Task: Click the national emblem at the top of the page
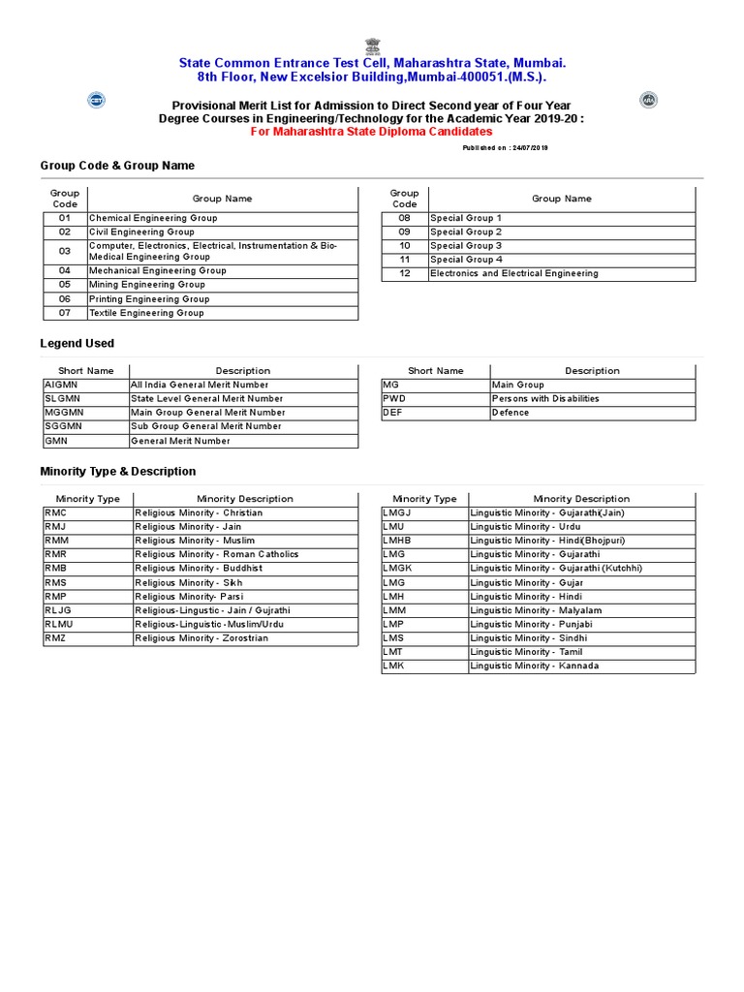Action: tap(373, 46)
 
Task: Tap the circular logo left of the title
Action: tap(97, 100)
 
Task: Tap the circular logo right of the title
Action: tap(648, 100)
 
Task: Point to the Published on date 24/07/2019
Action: tap(506, 147)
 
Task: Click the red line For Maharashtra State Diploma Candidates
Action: tap(372, 132)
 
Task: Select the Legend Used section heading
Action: tap(77, 343)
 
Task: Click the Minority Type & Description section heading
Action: tap(118, 471)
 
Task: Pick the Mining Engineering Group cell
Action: tap(147, 285)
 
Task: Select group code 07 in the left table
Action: tap(65, 313)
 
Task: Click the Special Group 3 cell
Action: tap(466, 246)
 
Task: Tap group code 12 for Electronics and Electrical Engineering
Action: tap(405, 274)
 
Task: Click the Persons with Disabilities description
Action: tap(545, 398)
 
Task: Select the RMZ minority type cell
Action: tap(55, 638)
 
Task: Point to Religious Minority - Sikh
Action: tap(189, 582)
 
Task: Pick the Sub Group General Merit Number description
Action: tap(206, 426)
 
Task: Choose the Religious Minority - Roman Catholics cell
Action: tap(217, 554)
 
